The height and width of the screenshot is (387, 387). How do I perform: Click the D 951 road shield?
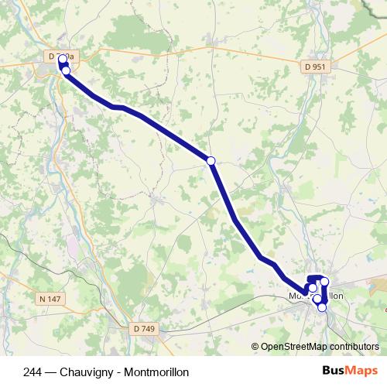315,67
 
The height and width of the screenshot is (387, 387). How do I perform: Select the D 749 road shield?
144,329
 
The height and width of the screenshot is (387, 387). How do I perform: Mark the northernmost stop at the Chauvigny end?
62,59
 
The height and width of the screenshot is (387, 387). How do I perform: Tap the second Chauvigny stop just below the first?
66,70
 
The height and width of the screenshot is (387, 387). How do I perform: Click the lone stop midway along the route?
211,160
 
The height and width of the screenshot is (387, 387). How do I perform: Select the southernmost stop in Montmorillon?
322,307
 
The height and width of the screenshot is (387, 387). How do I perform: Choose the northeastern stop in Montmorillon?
325,282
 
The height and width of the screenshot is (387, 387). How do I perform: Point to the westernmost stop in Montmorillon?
313,288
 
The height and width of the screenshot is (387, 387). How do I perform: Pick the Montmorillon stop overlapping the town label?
317,298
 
